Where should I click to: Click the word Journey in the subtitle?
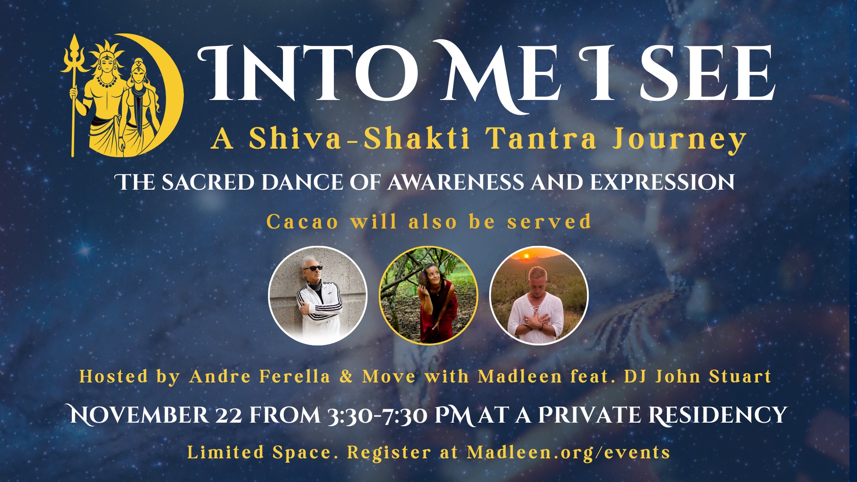[x=679, y=140]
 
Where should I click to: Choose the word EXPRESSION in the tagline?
[x=662, y=182]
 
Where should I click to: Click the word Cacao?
[x=303, y=222]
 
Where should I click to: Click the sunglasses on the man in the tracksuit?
[x=312, y=268]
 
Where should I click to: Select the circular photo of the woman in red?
[x=428, y=295]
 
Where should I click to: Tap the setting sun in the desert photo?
[x=526, y=255]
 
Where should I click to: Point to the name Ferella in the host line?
[x=295, y=377]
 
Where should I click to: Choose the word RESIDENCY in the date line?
[x=717, y=415]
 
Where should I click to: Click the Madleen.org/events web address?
[x=568, y=453]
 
